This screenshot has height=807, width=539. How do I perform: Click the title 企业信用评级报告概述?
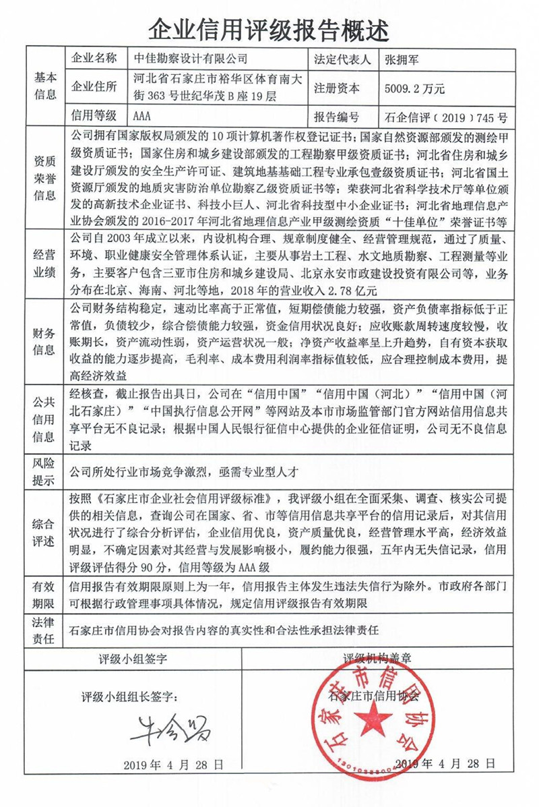(x=269, y=28)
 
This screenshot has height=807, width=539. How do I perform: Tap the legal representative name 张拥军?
(x=400, y=59)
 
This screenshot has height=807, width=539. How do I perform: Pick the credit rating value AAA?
(x=142, y=115)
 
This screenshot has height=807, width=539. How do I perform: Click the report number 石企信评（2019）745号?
(x=444, y=116)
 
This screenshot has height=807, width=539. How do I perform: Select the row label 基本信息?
(x=45, y=86)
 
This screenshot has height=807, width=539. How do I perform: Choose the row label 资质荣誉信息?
(x=45, y=178)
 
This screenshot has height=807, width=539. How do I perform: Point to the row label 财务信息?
(x=45, y=341)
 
